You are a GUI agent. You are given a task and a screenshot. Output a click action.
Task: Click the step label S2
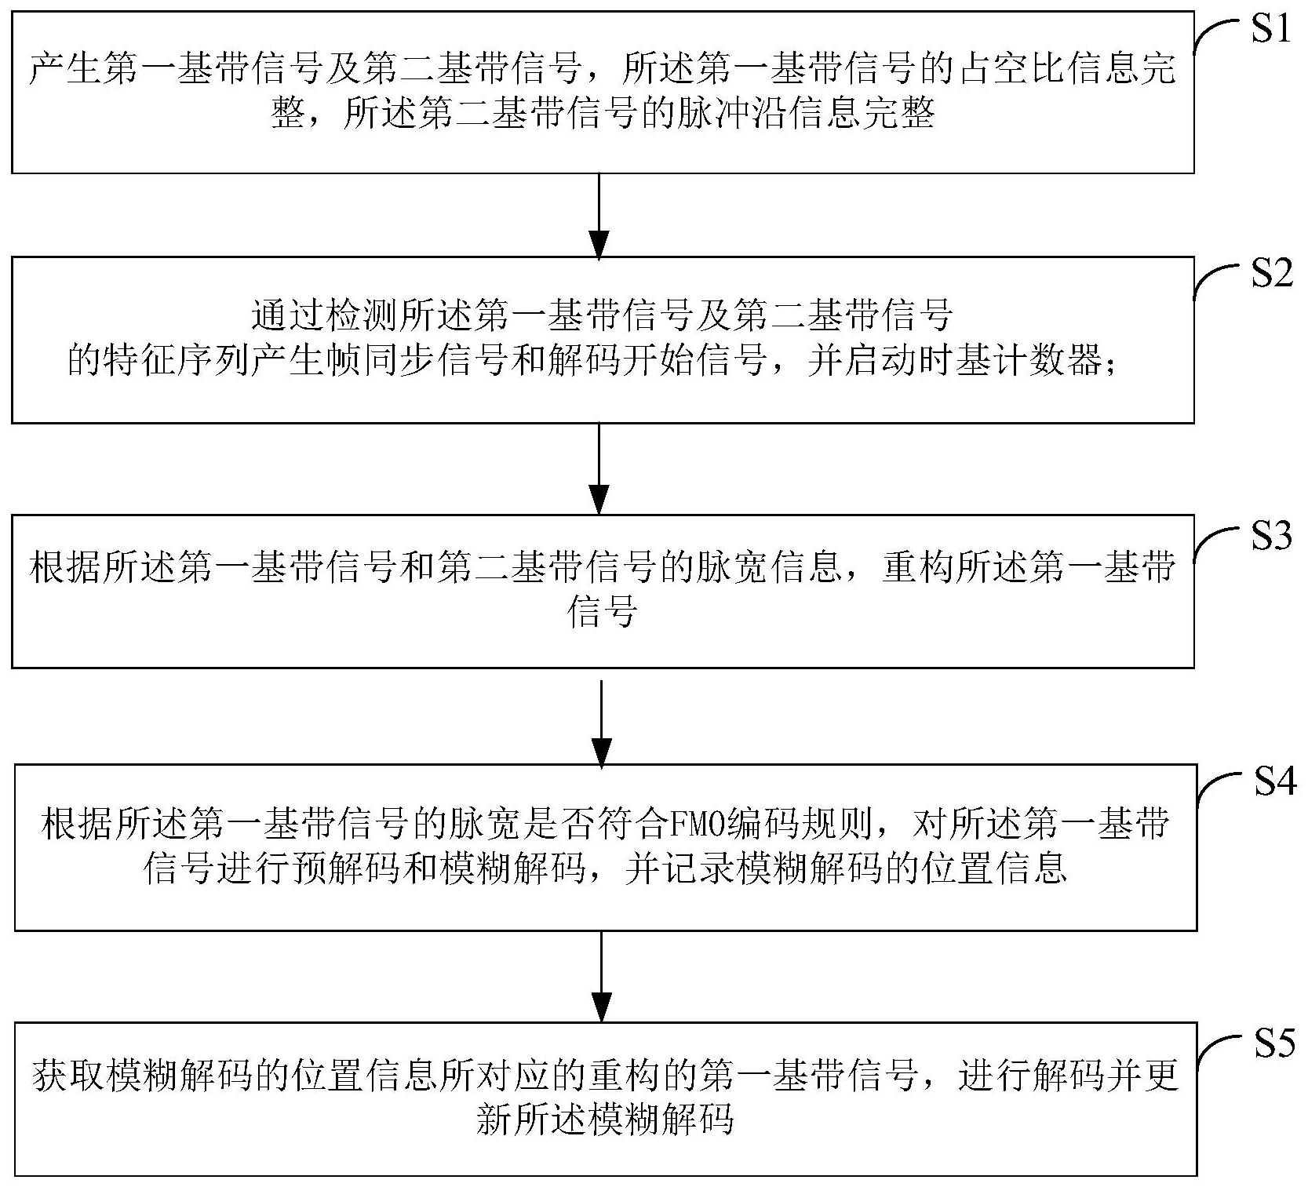pyautogui.click(x=1270, y=275)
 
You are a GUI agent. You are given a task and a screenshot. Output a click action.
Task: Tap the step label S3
pyautogui.click(x=1270, y=537)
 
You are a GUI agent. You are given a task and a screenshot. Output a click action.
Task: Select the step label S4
pyautogui.click(x=1273, y=782)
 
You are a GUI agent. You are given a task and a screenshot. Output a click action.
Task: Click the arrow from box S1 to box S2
pyautogui.click(x=599, y=215)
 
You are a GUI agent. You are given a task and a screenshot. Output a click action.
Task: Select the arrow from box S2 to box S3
pyautogui.click(x=600, y=468)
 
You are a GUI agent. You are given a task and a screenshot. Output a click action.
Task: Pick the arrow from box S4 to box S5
pyautogui.click(x=602, y=976)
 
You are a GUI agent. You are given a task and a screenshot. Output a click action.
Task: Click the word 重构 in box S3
pyautogui.click(x=914, y=567)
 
